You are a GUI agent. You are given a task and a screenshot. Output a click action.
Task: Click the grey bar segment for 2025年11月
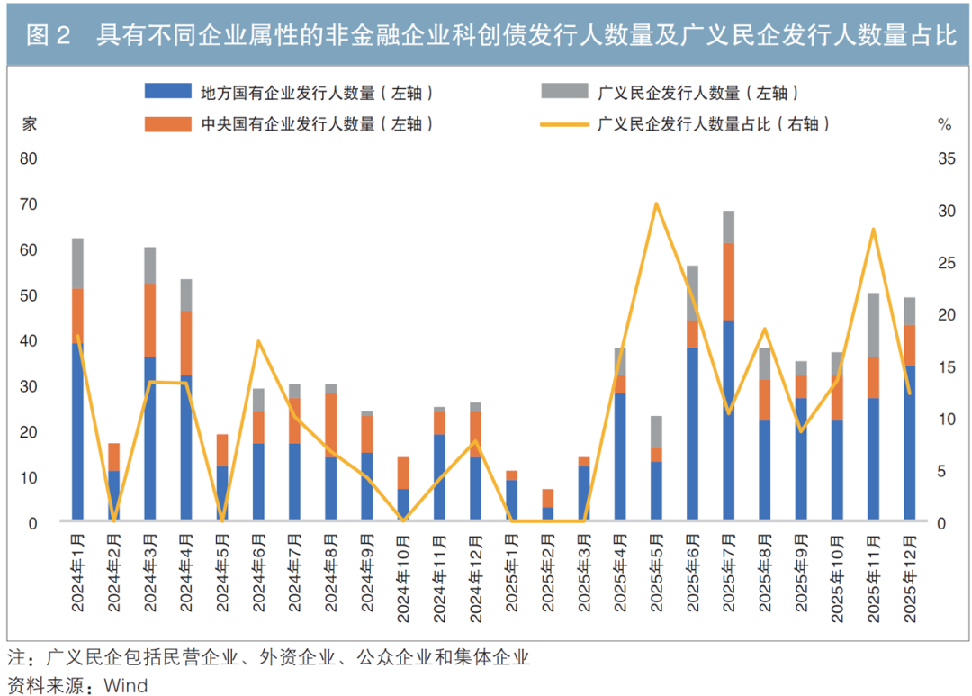[873, 325]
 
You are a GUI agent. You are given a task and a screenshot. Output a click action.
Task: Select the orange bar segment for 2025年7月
[728, 282]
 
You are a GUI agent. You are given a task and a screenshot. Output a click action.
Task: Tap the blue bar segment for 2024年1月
[77, 431]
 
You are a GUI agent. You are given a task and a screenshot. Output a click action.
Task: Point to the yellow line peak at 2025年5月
[656, 203]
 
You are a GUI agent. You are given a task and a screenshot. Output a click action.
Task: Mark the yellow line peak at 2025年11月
[873, 229]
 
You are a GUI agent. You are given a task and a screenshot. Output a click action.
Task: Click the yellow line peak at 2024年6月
[258, 340]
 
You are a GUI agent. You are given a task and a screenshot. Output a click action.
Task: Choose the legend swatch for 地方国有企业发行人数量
[168, 91]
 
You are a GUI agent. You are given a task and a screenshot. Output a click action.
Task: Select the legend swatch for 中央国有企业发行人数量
[168, 124]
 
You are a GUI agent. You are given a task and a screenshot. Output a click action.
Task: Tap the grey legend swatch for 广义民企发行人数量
[564, 91]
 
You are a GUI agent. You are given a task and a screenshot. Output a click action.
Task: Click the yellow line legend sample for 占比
[564, 124]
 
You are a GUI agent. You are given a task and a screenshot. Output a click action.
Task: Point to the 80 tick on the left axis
[29, 158]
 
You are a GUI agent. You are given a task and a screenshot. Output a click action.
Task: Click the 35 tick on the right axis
[947, 158]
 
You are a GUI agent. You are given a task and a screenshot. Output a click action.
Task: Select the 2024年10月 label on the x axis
[403, 578]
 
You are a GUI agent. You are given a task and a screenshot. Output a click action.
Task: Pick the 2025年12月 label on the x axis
[910, 578]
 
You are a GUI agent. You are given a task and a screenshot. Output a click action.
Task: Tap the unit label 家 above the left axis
[29, 124]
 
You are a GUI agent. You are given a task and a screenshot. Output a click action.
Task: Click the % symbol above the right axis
[945, 124]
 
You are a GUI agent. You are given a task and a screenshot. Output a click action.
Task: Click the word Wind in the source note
[126, 685]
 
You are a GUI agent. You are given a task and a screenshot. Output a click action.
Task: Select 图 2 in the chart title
[49, 35]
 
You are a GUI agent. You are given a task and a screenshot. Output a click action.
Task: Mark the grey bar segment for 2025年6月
[692, 294]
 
